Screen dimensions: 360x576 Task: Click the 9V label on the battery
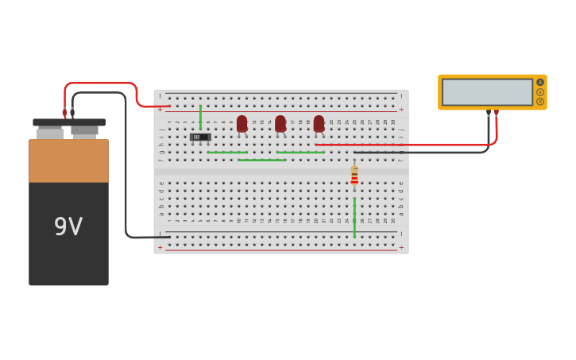click(68, 227)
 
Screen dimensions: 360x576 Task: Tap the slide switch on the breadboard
click(200, 137)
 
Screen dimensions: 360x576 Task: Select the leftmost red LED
click(242, 123)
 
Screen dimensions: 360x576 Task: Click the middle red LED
click(280, 123)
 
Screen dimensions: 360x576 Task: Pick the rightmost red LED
click(319, 123)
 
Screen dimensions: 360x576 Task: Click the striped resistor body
click(354, 176)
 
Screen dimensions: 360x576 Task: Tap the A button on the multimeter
click(540, 82)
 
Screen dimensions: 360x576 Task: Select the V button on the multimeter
click(540, 91)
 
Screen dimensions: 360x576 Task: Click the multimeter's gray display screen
click(487, 92)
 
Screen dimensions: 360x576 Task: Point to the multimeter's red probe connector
click(497, 113)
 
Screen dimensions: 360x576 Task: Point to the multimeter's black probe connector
click(489, 113)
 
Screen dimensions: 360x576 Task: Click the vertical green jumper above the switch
click(200, 117)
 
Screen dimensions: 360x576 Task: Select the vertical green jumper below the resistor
click(354, 216)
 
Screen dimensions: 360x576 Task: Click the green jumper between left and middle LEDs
click(261, 160)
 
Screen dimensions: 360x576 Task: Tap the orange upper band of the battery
click(68, 161)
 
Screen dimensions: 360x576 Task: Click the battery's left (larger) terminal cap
click(50, 133)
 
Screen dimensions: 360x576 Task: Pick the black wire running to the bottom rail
click(126, 175)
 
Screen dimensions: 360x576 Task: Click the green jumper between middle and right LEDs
click(300, 152)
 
